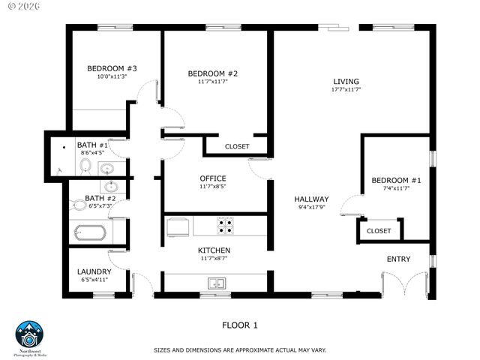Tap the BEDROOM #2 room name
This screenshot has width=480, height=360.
212,73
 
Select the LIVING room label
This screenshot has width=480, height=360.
346,82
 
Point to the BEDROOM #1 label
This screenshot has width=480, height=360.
396,181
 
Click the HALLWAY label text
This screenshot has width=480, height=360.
311,199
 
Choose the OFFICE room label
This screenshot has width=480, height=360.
212,178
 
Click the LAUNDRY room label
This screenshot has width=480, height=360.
94,271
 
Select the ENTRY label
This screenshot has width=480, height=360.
398,259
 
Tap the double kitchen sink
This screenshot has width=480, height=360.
217,283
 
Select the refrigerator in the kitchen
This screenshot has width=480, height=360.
178,225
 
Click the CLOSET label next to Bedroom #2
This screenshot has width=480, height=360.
237,146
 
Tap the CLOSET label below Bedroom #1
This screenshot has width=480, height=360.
378,231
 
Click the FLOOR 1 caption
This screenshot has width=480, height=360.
239,325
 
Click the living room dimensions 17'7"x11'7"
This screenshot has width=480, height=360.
346,90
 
